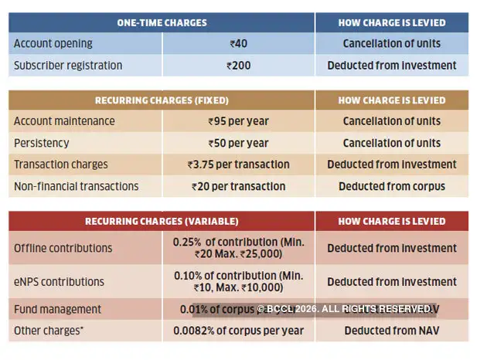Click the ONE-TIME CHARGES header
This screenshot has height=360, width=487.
[x=162, y=22]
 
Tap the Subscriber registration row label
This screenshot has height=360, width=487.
[x=68, y=66]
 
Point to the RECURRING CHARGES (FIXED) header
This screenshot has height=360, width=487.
[x=162, y=100]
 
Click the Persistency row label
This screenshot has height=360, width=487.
[x=42, y=143]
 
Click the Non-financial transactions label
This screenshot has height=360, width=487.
[x=77, y=186]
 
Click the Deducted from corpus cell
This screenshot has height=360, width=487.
[x=391, y=186]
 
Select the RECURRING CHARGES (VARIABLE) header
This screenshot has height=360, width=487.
[x=162, y=221]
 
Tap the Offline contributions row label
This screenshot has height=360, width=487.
[x=63, y=248]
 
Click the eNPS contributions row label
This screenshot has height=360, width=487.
[x=60, y=282]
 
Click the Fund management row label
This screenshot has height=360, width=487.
[x=58, y=309]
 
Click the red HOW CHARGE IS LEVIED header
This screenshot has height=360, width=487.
[x=391, y=221]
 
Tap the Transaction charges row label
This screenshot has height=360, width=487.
[x=61, y=165]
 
